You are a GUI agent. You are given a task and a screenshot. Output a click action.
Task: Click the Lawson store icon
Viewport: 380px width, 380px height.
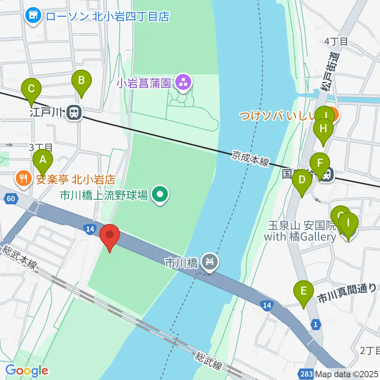point(33,16)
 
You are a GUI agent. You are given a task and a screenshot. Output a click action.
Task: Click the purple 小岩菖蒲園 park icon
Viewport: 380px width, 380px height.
point(183,83)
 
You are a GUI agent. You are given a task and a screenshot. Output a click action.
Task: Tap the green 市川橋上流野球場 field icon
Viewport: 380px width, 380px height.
point(160,194)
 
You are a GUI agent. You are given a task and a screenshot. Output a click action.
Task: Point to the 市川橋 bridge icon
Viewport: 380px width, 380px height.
point(211,261)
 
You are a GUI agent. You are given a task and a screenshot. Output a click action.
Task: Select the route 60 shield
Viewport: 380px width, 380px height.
point(12,198)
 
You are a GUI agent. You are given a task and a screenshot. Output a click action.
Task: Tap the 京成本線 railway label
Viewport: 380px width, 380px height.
point(251,158)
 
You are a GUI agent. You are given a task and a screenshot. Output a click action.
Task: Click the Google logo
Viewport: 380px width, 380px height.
point(27,371)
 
